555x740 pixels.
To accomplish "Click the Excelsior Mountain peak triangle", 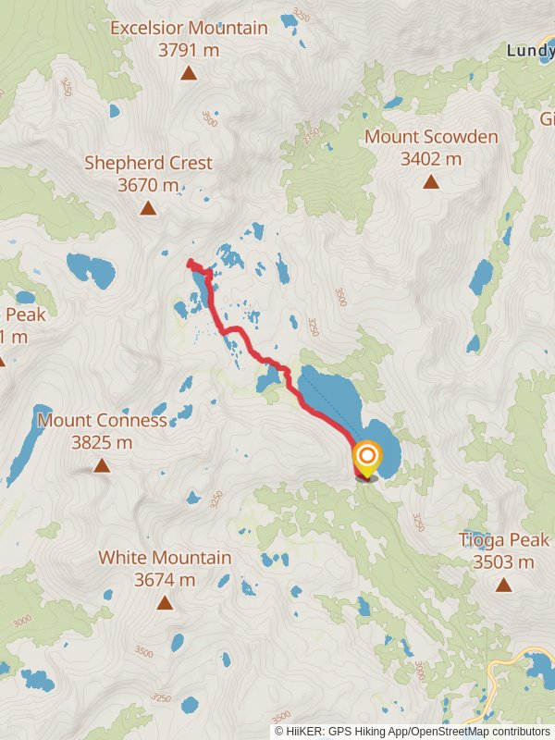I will coord(189,73).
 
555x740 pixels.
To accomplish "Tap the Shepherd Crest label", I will coord(148,163).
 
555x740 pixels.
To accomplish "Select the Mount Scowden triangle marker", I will coord(430,181).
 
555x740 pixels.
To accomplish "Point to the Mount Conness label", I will coord(102,421).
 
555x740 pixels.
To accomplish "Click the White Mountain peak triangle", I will coord(165,603).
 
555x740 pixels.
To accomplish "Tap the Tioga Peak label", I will coord(504,540).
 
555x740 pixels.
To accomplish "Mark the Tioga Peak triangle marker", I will coord(503,585).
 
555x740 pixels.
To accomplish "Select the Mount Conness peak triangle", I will coord(102,465).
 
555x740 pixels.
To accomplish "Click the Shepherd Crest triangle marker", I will coord(148,207).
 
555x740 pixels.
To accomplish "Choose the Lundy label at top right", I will coord(530,51).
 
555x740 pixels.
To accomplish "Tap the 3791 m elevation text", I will coord(189,50).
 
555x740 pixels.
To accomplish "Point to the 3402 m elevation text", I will coord(431,158).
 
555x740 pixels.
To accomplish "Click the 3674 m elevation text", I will coord(165,580).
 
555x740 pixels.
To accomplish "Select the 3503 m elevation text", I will coord(504,561).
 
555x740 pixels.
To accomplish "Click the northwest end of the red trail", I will coord(190,263).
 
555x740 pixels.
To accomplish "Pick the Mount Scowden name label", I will coord(431,137).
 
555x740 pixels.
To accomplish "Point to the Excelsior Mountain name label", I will coord(189,29).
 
